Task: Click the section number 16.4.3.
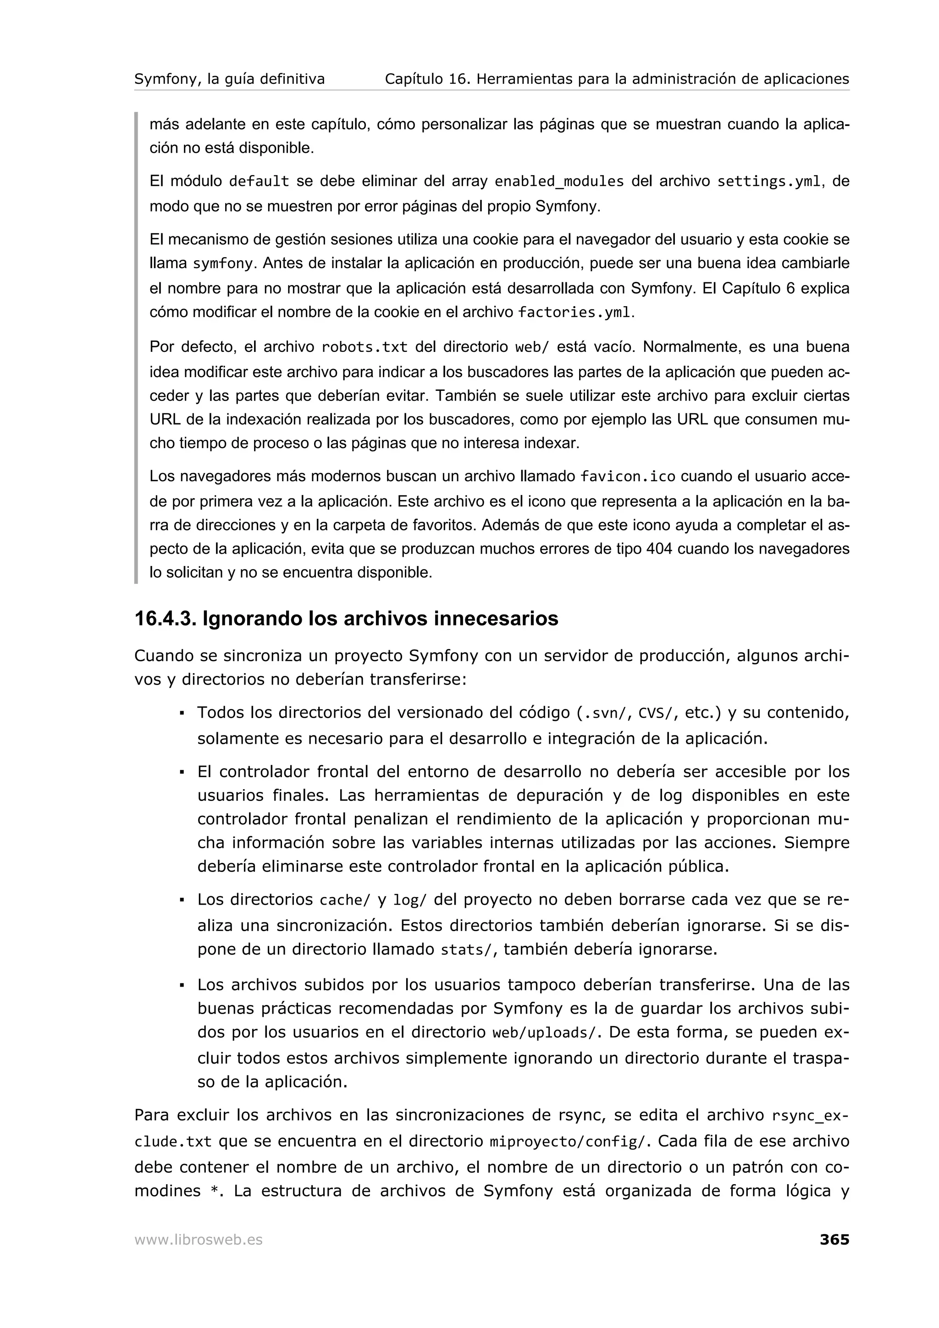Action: click(x=165, y=619)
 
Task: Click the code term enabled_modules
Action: click(x=559, y=181)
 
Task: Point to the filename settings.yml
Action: click(x=768, y=181)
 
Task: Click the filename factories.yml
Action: click(x=574, y=313)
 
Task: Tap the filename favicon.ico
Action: click(x=628, y=477)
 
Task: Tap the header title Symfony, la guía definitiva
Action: click(x=229, y=79)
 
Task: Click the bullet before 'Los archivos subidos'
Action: click(x=182, y=985)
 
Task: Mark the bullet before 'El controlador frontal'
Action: click(x=182, y=772)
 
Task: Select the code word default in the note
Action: click(x=259, y=181)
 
